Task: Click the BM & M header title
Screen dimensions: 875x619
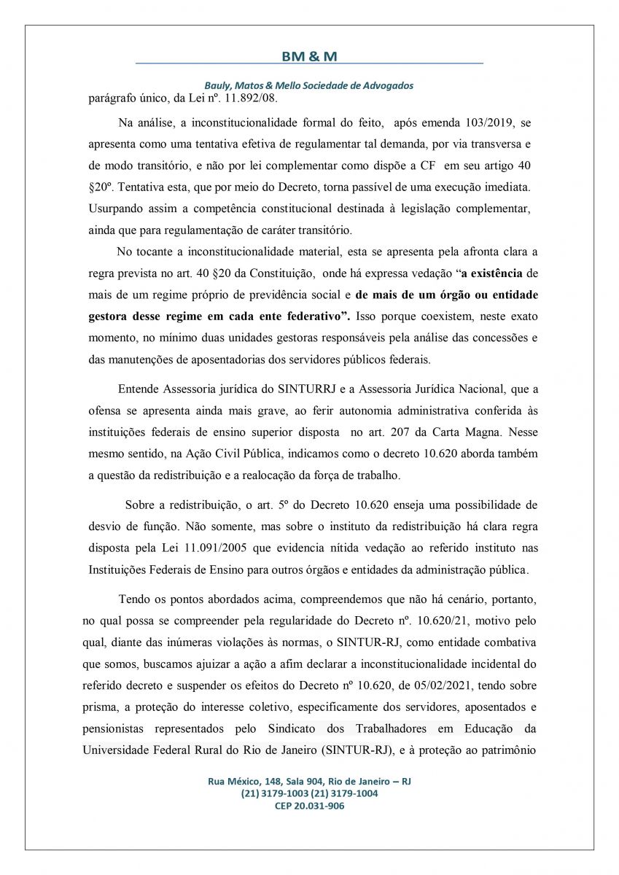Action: pyautogui.click(x=309, y=56)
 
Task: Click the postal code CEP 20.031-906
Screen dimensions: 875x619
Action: pyautogui.click(x=309, y=806)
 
